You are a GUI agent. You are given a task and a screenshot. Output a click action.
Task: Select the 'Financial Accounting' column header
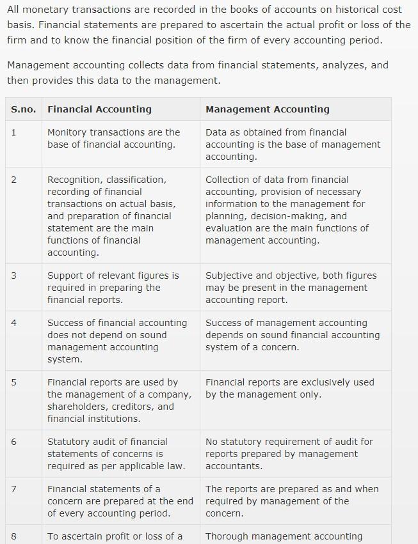pyautogui.click(x=99, y=109)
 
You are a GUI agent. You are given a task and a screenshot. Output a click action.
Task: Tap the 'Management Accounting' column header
pyautogui.click(x=267, y=109)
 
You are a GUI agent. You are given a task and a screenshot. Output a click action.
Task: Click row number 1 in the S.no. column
pyautogui.click(x=14, y=132)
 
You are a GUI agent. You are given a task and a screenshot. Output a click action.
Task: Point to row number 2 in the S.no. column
pyautogui.click(x=14, y=180)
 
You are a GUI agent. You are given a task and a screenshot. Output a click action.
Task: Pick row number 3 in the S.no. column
pyautogui.click(x=14, y=276)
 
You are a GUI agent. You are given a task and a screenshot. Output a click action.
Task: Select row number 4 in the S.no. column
pyautogui.click(x=14, y=323)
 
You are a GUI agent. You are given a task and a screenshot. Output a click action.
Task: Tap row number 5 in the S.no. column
pyautogui.click(x=14, y=382)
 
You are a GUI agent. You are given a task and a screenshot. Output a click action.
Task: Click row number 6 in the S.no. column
pyautogui.click(x=14, y=442)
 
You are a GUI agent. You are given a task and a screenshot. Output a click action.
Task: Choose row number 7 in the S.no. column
pyautogui.click(x=14, y=489)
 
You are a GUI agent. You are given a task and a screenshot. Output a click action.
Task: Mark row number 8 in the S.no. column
pyautogui.click(x=14, y=536)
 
